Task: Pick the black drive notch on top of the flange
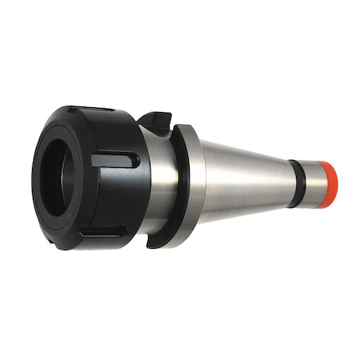tap(155, 121)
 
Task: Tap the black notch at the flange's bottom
tap(159, 240)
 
